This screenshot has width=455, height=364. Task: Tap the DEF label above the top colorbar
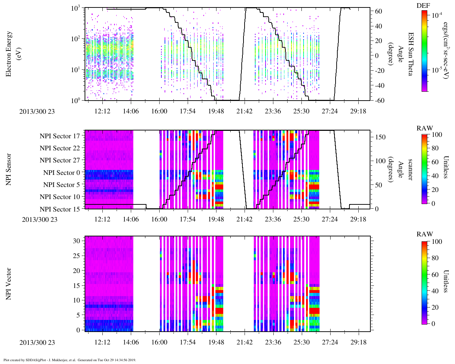click(423, 5)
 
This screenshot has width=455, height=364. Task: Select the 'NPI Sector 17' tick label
click(60, 136)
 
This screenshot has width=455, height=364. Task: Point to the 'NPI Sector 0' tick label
click(61, 173)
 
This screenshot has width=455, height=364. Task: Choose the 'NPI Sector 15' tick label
click(60, 209)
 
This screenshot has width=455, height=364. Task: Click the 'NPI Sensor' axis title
click(9, 170)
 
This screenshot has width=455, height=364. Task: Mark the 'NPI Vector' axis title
click(9, 284)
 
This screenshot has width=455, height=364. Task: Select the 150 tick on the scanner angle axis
click(380, 137)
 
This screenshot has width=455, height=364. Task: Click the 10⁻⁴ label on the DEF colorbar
click(436, 15)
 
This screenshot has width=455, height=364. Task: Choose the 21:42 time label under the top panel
click(244, 111)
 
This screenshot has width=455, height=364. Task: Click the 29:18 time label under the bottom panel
click(358, 342)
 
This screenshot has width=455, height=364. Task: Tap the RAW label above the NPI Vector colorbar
click(425, 234)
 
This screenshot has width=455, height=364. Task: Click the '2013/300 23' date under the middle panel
click(39, 220)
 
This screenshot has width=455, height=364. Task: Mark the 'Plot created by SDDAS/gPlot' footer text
click(70, 360)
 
